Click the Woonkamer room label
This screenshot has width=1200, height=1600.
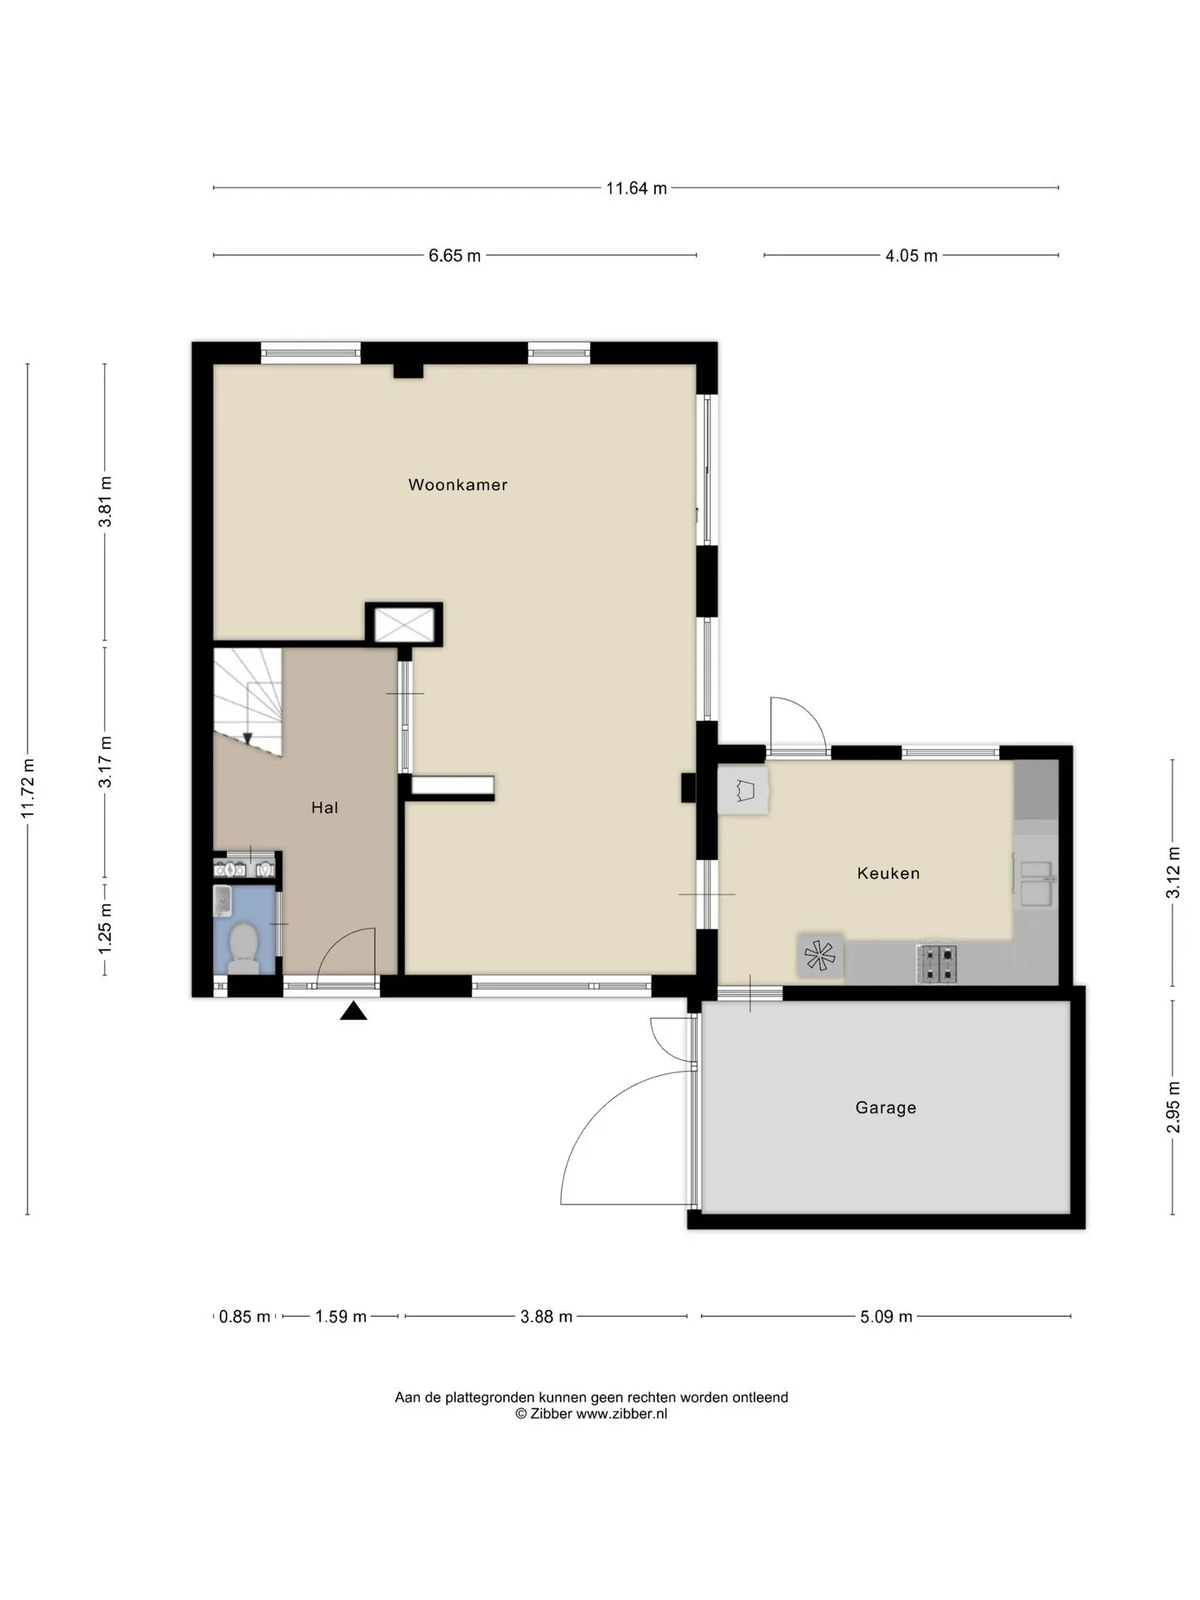click(x=457, y=484)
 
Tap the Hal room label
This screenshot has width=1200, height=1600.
click(x=324, y=807)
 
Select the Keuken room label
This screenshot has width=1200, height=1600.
click(x=888, y=873)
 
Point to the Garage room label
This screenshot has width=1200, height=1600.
click(x=886, y=1107)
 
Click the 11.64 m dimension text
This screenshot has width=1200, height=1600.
click(x=637, y=188)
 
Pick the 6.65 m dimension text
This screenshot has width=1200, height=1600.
click(x=455, y=256)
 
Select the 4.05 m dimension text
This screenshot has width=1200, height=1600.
click(x=912, y=256)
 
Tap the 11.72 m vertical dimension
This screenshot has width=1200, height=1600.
click(x=28, y=788)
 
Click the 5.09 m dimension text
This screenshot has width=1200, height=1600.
click(x=886, y=1317)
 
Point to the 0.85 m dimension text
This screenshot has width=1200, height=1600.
click(x=244, y=1317)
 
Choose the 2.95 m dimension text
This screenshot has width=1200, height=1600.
click(x=1173, y=1107)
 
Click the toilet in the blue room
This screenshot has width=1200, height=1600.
click(x=244, y=947)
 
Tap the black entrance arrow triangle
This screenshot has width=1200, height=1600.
click(x=353, y=1011)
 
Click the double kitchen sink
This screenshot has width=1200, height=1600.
click(x=1037, y=882)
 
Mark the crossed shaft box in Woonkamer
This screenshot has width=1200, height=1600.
click(x=404, y=625)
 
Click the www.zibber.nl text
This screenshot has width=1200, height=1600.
click(x=622, y=1413)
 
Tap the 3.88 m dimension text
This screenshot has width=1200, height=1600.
click(x=546, y=1317)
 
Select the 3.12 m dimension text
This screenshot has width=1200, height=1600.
click(x=1173, y=872)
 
